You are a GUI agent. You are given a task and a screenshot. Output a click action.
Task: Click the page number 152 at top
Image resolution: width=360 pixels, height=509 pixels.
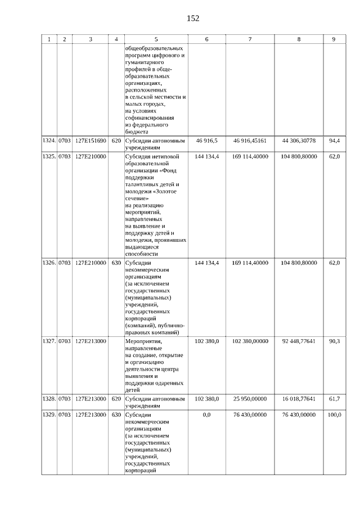(x=193, y=18)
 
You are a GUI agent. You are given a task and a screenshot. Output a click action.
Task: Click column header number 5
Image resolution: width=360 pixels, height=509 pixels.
(x=156, y=39)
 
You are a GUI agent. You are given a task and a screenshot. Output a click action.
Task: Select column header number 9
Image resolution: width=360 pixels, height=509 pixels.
(x=334, y=39)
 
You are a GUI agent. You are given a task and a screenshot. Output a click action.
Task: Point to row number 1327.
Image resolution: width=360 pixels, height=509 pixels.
(x=49, y=341)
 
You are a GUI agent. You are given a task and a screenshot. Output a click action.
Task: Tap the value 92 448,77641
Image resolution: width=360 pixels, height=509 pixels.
(x=298, y=341)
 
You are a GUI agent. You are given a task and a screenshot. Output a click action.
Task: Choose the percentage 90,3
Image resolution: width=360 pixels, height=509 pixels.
(x=334, y=341)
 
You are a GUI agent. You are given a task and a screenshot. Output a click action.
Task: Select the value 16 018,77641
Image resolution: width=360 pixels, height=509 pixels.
(x=298, y=399)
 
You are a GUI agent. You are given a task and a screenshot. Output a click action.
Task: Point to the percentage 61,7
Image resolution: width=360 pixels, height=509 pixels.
(x=334, y=399)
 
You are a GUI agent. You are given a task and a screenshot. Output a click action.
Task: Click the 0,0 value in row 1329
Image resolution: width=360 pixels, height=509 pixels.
(x=206, y=415)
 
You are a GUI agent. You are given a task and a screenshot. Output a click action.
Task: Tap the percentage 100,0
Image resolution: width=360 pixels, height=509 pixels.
(x=334, y=415)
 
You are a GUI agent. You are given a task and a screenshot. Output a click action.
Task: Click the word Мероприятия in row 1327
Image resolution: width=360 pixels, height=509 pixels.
(x=143, y=341)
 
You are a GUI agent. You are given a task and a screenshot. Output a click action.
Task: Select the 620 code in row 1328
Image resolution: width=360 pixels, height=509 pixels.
(x=116, y=399)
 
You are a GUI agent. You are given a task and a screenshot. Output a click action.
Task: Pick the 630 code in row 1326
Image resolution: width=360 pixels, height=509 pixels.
(x=116, y=263)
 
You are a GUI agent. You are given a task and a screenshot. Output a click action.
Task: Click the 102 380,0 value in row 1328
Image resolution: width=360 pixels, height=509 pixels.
(x=206, y=399)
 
